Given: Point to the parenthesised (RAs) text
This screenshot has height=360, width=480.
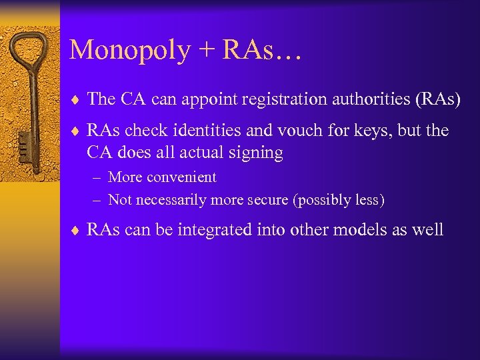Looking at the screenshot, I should coord(437,99).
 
